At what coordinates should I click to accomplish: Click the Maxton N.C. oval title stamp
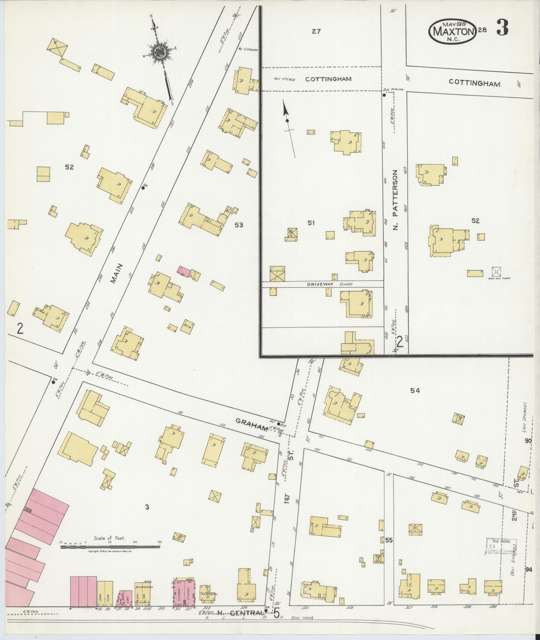pos(452,31)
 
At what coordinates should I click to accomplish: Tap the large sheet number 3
pos(502,28)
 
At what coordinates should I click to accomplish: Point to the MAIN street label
pos(118,274)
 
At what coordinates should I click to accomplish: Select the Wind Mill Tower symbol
pos(496,271)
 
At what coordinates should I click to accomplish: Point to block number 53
pos(238,225)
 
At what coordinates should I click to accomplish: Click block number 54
pos(415,390)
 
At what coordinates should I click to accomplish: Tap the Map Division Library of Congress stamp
pos(501,547)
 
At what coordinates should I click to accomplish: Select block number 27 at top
pos(316,31)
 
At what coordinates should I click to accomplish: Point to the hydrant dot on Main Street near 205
pos(143,188)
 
